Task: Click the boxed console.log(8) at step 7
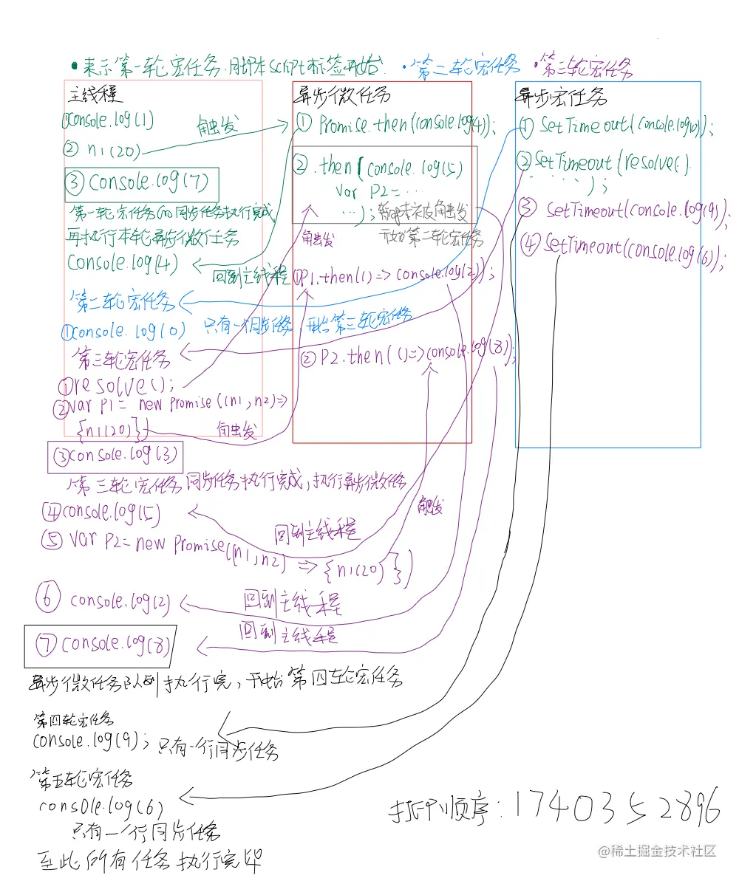[100, 645]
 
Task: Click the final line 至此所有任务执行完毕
[148, 861]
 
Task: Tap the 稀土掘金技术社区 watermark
[657, 851]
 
